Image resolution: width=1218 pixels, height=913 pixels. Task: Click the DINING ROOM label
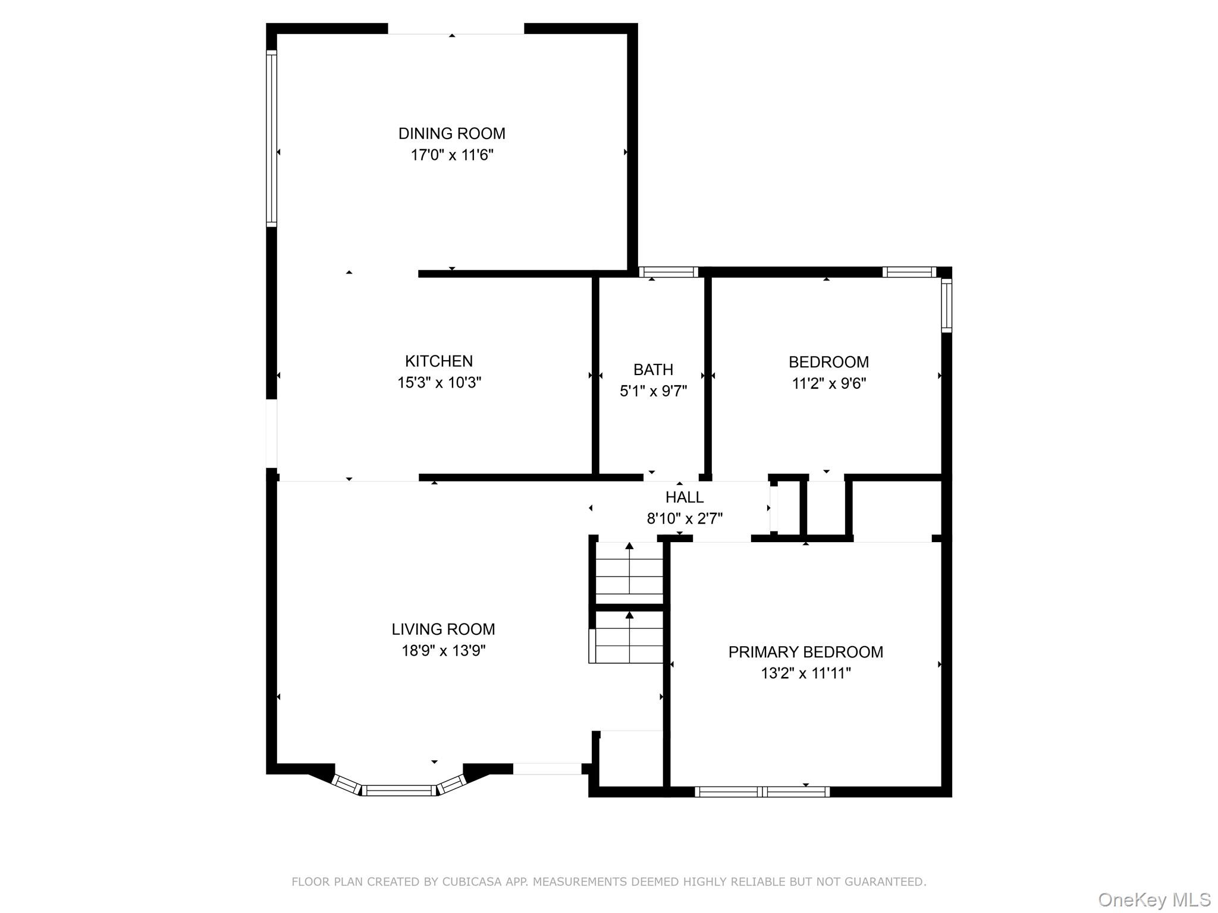click(x=451, y=133)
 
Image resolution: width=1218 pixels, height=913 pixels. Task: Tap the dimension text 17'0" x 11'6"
click(x=451, y=155)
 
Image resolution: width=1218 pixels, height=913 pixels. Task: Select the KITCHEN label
click(x=439, y=361)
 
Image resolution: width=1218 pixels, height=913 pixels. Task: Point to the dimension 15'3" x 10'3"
click(x=439, y=382)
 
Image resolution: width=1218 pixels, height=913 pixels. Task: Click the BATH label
click(x=653, y=370)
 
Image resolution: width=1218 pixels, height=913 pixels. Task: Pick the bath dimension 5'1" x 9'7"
click(x=653, y=391)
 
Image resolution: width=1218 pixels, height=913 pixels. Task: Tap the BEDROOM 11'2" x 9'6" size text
click(x=828, y=383)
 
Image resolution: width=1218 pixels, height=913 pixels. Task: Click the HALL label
click(x=685, y=497)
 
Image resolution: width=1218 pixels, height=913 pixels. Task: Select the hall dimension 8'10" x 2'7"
click(x=685, y=518)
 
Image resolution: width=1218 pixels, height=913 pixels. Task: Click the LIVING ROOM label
click(x=443, y=629)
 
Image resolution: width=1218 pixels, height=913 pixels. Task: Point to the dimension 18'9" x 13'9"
click(x=443, y=650)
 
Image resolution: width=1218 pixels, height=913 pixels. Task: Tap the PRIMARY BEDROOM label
click(x=805, y=652)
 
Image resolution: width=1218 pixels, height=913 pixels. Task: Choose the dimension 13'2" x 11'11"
click(x=805, y=673)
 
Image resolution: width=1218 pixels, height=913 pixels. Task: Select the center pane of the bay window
click(x=399, y=790)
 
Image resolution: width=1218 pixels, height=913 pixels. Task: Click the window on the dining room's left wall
click(x=271, y=138)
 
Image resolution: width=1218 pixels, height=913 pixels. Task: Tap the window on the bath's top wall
click(x=668, y=272)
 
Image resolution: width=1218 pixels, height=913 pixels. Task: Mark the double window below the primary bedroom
click(x=762, y=791)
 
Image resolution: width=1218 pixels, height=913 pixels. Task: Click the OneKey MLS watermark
click(x=1154, y=899)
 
